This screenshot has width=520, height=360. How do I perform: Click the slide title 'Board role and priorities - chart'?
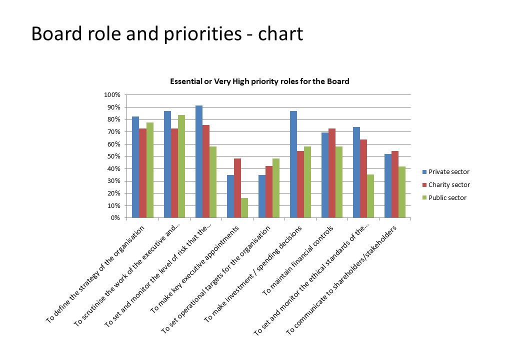167,34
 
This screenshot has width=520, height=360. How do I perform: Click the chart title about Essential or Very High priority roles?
259,81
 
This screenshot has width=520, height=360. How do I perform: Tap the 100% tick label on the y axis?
112,95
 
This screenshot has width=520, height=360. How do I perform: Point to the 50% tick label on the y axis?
113,156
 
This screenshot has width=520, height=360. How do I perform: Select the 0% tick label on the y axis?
115,218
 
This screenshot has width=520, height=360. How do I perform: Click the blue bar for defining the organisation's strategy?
135,167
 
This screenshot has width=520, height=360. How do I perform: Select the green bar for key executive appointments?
244,208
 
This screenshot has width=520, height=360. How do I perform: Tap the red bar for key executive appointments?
237,188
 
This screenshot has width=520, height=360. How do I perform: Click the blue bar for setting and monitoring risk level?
199,161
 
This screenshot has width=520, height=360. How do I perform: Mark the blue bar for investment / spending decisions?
293,164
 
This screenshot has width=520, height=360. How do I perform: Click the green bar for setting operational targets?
276,188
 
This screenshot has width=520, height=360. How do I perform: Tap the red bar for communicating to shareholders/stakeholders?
395,184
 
